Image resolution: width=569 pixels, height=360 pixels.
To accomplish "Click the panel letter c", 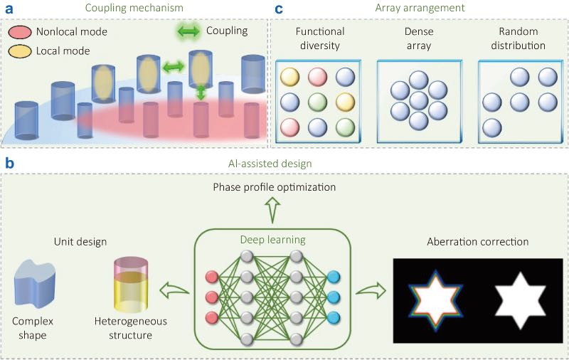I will click(x=280, y=9).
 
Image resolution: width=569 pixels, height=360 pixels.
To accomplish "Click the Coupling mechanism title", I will click(x=134, y=9).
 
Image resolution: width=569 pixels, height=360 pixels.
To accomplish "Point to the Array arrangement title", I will click(x=420, y=9).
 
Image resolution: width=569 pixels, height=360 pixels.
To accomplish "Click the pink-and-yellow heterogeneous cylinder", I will click(x=130, y=286).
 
